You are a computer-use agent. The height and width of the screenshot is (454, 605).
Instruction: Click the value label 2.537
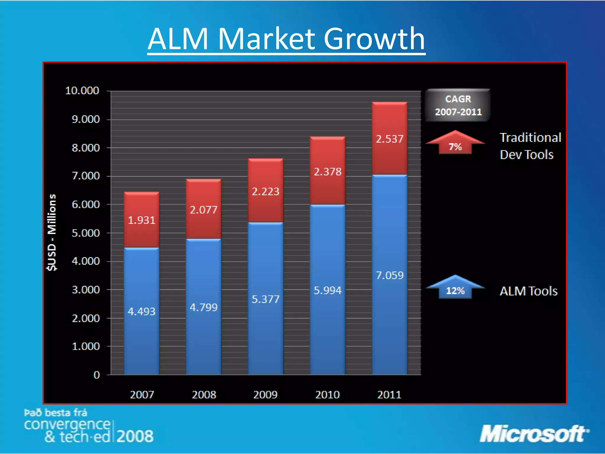pos(389,139)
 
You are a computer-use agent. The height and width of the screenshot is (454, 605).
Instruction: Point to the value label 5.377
pos(265,299)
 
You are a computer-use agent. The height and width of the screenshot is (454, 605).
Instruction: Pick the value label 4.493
pos(142,312)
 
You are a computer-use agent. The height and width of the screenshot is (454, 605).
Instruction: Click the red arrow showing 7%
pos(455,143)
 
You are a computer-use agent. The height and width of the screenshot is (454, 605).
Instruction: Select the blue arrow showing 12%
pos(455,288)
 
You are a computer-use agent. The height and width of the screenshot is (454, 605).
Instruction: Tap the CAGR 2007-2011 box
pos(458,105)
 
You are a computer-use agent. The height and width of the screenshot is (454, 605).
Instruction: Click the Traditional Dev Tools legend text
pos(530,146)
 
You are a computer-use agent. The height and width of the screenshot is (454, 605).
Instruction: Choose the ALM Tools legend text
pos(528,291)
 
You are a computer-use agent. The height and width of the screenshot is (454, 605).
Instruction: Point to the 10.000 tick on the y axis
pos(82,90)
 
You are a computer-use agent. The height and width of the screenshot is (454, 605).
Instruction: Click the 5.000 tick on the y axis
pos(86,233)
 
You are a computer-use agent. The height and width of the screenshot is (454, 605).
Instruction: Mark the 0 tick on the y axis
pos(97,375)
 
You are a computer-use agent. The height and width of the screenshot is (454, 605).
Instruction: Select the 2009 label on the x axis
pos(265,395)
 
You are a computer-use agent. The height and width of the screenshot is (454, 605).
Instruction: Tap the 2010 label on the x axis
pos(327,395)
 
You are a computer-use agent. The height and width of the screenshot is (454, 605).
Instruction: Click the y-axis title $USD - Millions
pos(52,232)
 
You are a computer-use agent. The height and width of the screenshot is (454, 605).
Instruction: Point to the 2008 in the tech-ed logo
pos(135,436)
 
